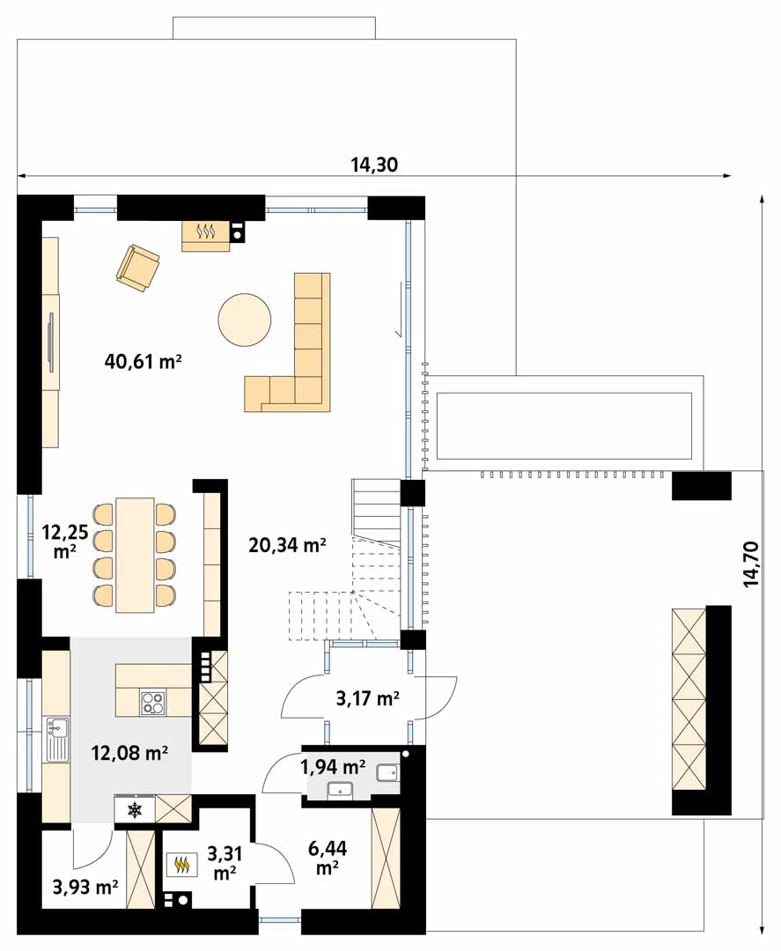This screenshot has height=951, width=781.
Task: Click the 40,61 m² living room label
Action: [x=144, y=362]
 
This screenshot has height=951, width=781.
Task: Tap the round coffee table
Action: [x=245, y=320]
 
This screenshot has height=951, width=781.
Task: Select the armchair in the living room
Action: [x=138, y=268]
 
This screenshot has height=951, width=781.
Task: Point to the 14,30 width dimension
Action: [x=374, y=165]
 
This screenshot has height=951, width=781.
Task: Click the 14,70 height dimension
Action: [x=751, y=564]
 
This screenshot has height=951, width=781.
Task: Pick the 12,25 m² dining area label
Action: [x=65, y=542]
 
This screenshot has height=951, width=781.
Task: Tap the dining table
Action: [x=136, y=555]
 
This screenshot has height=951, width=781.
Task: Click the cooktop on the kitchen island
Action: [x=153, y=704]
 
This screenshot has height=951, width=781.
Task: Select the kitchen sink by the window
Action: [x=57, y=739]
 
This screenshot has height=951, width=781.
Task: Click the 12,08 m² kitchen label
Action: [x=129, y=753]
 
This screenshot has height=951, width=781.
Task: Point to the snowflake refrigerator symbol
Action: [x=134, y=809]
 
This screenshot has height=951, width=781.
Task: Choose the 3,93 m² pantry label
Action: [x=85, y=888]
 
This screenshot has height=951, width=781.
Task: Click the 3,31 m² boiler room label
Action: [x=225, y=863]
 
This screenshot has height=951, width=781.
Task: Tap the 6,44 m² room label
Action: [x=328, y=858]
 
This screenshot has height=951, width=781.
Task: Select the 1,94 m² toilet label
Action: [x=333, y=767]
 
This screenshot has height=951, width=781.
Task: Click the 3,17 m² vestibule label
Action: [x=367, y=698]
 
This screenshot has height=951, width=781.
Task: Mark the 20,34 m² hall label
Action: [x=287, y=545]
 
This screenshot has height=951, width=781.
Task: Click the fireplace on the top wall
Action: [x=206, y=236]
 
